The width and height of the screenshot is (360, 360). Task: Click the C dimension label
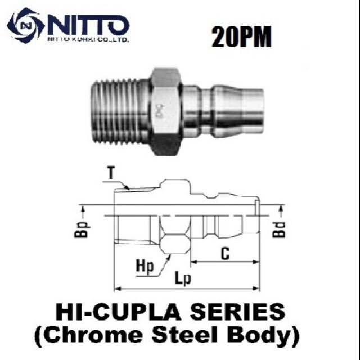coord(225,254)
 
